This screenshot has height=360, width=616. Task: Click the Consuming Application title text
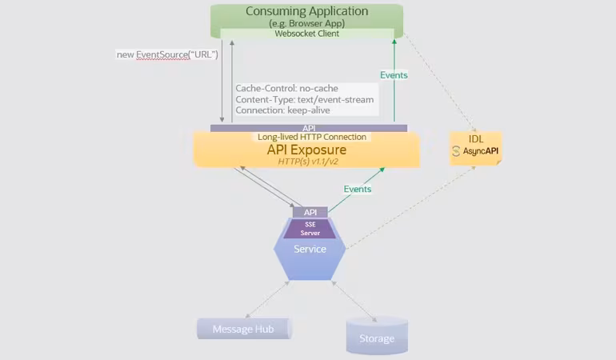click(x=306, y=11)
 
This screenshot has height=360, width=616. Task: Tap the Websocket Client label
click(x=306, y=34)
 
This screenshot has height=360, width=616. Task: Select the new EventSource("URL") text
click(x=166, y=54)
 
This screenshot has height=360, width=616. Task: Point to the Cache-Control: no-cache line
click(x=287, y=88)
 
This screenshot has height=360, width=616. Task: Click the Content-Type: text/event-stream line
click(x=304, y=99)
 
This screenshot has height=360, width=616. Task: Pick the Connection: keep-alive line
click(x=282, y=110)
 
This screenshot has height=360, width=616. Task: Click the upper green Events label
click(x=394, y=75)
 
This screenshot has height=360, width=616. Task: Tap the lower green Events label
click(x=358, y=189)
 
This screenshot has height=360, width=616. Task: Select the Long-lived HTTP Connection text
click(x=312, y=137)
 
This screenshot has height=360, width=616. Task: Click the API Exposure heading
click(x=306, y=150)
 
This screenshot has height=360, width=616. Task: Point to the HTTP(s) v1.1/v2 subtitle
click(x=308, y=162)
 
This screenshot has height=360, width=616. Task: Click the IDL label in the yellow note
click(x=476, y=138)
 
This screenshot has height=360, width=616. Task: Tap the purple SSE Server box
click(x=309, y=228)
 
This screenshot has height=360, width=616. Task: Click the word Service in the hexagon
click(x=310, y=249)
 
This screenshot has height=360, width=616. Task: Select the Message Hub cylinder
click(x=244, y=329)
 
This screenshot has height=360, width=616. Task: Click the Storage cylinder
click(x=377, y=337)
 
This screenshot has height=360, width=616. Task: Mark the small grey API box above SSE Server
click(x=310, y=212)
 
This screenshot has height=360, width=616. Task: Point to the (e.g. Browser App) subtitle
click(x=306, y=23)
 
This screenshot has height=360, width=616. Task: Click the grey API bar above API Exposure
click(x=309, y=128)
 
